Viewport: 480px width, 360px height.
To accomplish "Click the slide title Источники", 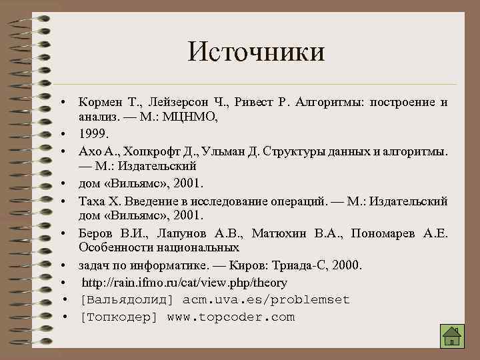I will tap(256, 51).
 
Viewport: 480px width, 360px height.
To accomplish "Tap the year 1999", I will tap(93, 133).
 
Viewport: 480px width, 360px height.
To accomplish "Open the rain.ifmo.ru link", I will tap(183, 283).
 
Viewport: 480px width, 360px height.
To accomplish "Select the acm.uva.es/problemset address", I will tap(266, 300).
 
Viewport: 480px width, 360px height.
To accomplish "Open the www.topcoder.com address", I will tap(231, 317).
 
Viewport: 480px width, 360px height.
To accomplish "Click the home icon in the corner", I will tap(452, 337).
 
